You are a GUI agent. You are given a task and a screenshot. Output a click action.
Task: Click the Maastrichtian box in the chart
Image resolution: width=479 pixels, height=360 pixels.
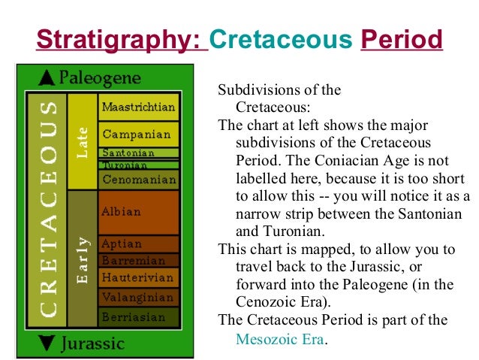click(139, 107)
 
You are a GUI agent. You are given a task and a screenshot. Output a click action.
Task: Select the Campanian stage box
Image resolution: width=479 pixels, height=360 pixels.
click(139, 135)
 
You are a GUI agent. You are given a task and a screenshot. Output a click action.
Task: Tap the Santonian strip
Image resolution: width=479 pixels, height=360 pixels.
click(139, 153)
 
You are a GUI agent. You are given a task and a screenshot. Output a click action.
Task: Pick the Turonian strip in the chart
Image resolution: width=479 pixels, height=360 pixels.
click(139, 165)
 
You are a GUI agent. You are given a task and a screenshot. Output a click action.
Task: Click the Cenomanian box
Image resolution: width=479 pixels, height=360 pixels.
click(139, 180)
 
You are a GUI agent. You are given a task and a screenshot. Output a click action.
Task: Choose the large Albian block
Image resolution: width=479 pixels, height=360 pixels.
click(139, 212)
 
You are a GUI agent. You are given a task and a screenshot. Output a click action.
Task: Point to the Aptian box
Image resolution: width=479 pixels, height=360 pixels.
click(139, 245)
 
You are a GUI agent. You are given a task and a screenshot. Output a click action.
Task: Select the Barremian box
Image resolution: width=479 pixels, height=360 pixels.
click(139, 261)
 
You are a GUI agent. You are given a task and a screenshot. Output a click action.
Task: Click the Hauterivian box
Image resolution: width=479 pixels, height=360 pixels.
click(139, 278)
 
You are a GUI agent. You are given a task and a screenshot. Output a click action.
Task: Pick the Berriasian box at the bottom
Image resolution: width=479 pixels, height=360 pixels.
click(139, 316)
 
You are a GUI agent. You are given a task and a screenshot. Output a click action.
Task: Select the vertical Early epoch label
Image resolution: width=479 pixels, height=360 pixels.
click(83, 259)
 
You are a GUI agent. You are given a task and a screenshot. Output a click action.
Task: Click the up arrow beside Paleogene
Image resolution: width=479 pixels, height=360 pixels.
click(47, 77)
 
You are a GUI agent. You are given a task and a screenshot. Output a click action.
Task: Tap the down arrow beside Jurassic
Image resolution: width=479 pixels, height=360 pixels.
click(47, 344)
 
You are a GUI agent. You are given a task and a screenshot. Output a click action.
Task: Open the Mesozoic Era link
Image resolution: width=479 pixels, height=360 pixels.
click(280, 339)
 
